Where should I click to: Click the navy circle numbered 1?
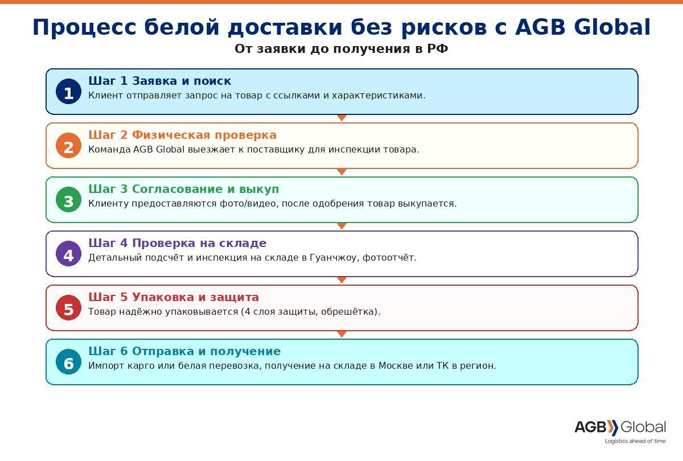[69, 92]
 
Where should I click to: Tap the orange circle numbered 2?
[69, 146]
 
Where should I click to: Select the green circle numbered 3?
[69, 199]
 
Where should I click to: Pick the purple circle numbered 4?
[69, 254]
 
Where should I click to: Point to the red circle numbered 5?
[69, 308]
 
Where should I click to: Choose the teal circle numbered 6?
[69, 361]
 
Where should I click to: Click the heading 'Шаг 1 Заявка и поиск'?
[160, 81]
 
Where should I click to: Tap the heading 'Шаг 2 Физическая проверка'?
[182, 135]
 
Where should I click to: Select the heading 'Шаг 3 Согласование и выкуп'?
[183, 189]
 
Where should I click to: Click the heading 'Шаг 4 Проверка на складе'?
[178, 243]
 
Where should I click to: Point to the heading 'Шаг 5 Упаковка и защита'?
[174, 297]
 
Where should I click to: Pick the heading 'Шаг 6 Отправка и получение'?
[184, 351]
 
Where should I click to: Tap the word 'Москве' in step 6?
[396, 365]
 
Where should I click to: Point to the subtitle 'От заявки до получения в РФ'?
[341, 49]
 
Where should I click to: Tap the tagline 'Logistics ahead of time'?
[635, 441]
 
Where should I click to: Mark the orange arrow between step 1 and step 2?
[342, 118]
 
